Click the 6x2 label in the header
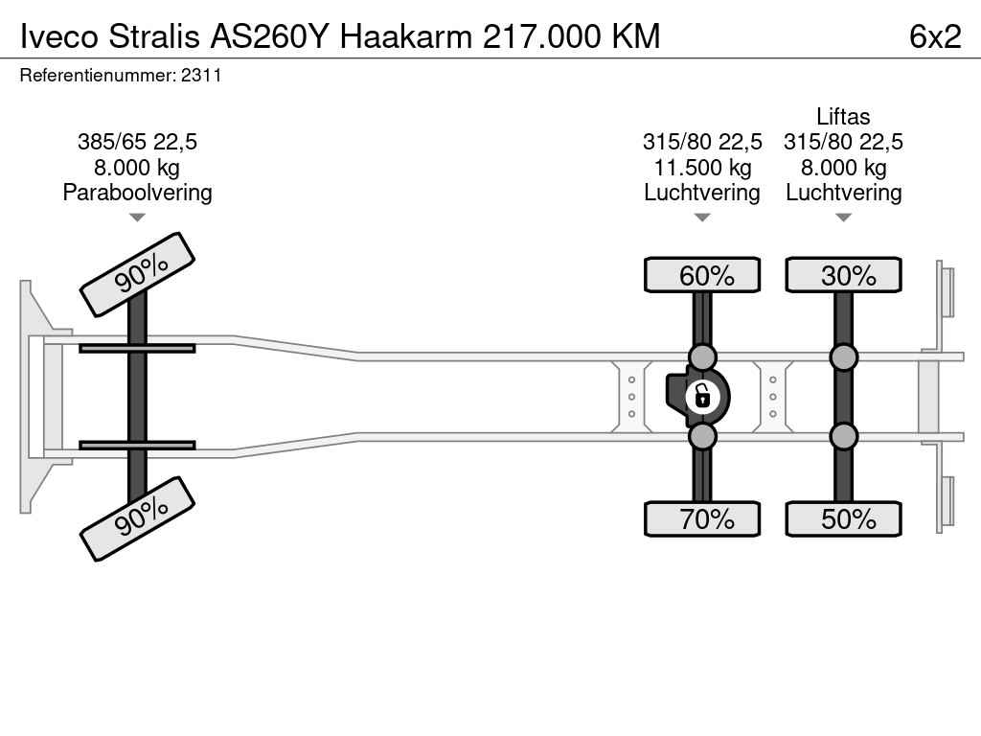(x=935, y=36)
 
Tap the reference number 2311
(x=201, y=76)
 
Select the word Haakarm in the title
(x=406, y=36)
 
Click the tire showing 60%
(x=702, y=275)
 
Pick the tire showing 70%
(x=702, y=518)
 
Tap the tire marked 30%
(x=843, y=275)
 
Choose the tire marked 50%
(x=843, y=518)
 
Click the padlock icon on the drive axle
(x=702, y=396)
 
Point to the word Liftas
(x=843, y=117)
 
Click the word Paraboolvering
(x=137, y=193)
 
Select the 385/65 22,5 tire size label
(x=137, y=142)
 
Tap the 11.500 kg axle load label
(x=702, y=168)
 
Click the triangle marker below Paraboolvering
(x=137, y=218)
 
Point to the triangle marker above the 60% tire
(x=702, y=218)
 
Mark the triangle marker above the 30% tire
(x=843, y=218)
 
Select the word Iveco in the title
(x=59, y=36)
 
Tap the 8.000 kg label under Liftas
(x=843, y=168)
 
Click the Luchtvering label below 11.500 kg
(x=702, y=193)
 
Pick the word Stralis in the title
(x=154, y=36)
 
